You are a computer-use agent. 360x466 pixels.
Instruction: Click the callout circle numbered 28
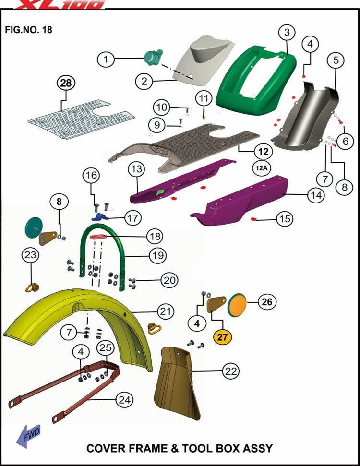(66, 83)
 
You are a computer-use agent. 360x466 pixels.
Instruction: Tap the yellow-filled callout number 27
(222, 337)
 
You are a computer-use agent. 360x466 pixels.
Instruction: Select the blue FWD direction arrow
(28, 436)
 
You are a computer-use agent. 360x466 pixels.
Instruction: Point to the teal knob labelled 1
(153, 57)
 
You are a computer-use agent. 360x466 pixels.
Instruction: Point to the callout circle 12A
(262, 168)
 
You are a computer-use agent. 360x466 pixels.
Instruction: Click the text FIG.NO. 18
(28, 30)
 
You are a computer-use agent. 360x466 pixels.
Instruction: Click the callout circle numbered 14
(316, 195)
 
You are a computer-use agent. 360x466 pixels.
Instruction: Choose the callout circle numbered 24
(124, 400)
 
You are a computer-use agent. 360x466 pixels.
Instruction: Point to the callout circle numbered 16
(91, 175)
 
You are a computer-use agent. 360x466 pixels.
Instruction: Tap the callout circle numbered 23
(31, 255)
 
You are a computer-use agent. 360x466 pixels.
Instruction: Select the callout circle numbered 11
(204, 98)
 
